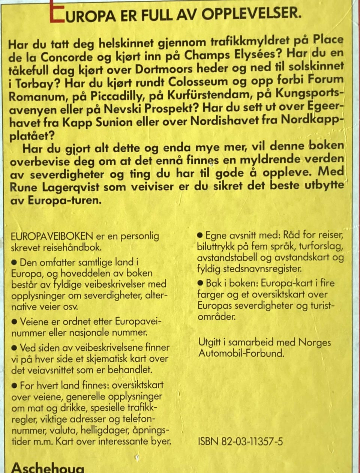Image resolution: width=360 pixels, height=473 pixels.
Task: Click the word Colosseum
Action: (198, 81)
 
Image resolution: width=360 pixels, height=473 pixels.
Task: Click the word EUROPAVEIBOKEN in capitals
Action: (52, 236)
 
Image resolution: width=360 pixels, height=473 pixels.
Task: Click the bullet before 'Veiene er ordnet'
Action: (15, 321)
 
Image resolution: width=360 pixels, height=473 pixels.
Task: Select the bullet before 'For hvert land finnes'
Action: (15, 385)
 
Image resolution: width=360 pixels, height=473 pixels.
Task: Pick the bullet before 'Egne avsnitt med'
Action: (200, 235)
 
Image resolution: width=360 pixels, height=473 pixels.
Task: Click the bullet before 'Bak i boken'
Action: (200, 283)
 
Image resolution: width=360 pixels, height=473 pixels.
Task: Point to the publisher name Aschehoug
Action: (48, 468)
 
